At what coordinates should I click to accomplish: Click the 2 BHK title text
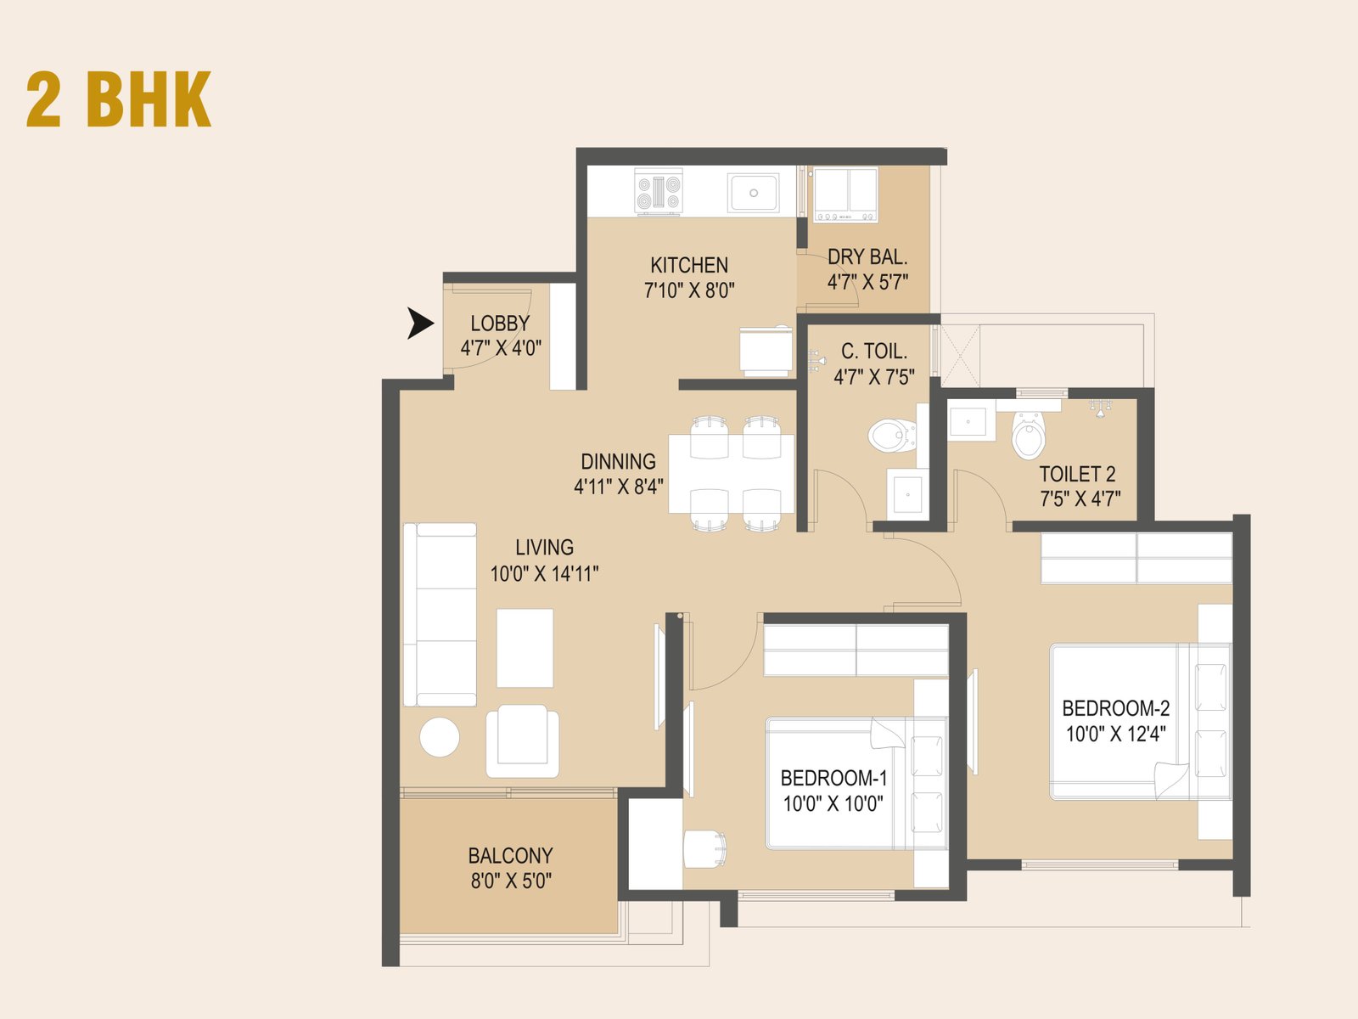tap(119, 99)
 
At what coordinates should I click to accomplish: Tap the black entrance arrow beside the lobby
tap(418, 324)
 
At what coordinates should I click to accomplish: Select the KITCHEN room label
tap(689, 265)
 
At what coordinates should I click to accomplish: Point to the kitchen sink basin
tap(753, 193)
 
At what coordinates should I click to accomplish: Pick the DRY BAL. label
tap(867, 256)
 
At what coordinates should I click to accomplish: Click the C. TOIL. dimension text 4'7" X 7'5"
tap(874, 377)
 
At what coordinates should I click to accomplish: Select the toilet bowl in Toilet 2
tap(1029, 437)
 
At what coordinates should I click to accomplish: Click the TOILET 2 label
tap(1078, 474)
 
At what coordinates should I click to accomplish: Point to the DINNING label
tap(618, 462)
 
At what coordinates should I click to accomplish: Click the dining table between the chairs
tap(732, 473)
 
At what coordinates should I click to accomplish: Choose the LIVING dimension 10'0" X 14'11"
tap(544, 574)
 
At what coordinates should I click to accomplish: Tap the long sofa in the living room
tap(441, 614)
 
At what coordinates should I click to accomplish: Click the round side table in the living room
tap(440, 737)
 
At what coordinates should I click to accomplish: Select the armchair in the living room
tap(523, 740)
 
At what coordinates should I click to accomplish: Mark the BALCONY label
tap(510, 855)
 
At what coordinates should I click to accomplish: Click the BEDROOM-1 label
tap(833, 778)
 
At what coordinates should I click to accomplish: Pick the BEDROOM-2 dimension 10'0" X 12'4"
tap(1116, 735)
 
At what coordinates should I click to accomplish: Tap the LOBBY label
tap(500, 324)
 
